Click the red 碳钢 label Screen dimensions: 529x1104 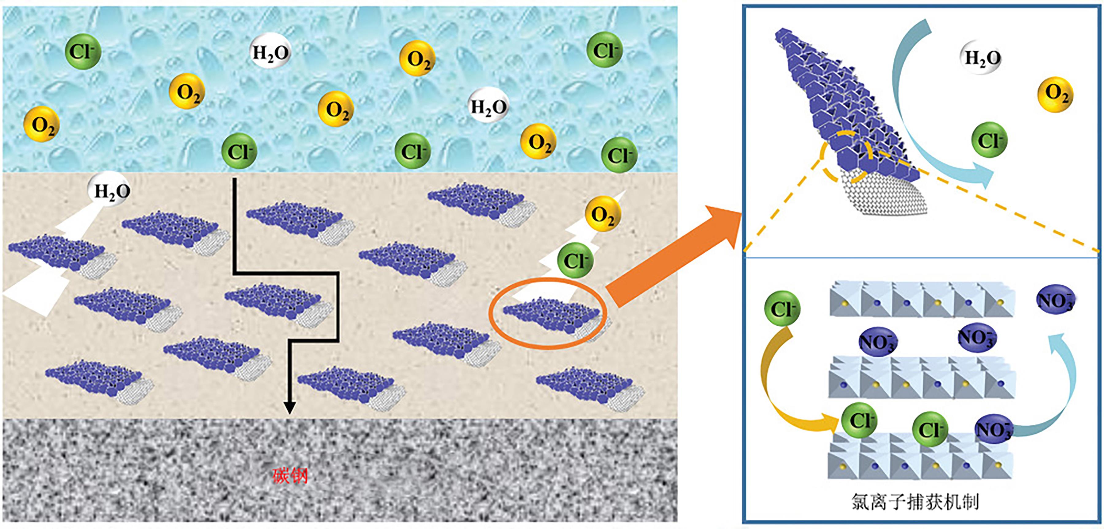[290, 475]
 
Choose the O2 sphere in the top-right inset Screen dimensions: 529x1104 [1055, 94]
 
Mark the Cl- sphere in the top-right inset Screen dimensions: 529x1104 [989, 140]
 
